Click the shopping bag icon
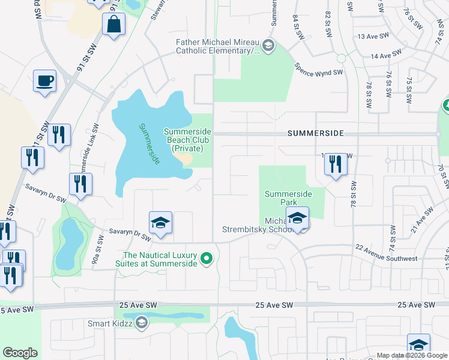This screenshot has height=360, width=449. (113, 25)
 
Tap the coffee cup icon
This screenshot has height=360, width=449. (45, 80)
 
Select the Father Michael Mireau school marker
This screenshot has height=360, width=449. (268, 45)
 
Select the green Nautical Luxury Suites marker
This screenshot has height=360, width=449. (206, 259)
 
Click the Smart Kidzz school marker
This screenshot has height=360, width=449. (141, 323)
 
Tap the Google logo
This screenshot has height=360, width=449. (20, 353)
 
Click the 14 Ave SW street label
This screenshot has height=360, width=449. (385, 56)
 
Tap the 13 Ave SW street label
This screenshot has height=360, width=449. (371, 37)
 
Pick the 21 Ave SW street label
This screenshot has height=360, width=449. (423, 220)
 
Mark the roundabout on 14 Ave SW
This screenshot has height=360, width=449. (341, 58)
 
